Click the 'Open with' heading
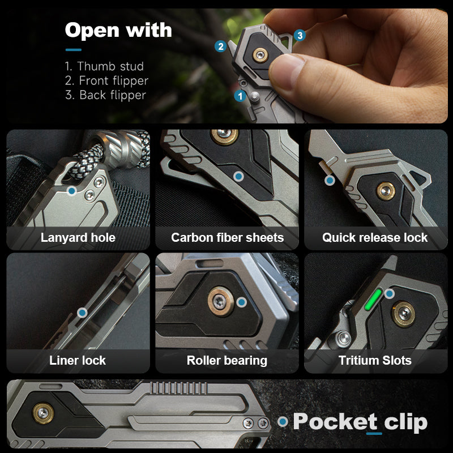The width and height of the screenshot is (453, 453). point(118,30)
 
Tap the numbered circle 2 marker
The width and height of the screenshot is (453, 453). point(221,46)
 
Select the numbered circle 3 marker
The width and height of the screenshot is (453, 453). point(300,36)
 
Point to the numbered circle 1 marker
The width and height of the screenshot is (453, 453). point(240,96)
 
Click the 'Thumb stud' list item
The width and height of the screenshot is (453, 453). point(104,66)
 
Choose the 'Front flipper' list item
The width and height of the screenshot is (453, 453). point(106,81)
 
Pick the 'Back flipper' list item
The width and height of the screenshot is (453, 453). point(105,95)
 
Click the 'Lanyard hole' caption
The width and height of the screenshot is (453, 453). point(78,238)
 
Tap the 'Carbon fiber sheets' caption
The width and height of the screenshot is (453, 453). point(227,238)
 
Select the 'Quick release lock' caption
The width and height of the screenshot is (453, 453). point(375,238)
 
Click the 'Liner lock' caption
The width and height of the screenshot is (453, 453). point(78,360)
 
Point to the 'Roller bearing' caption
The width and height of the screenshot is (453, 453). point(227,360)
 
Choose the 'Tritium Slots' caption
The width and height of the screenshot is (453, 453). point(375,360)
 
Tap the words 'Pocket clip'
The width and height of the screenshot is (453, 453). point(360,422)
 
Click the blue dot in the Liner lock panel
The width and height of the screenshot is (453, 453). point(82,312)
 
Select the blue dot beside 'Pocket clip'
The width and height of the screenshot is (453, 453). point(283,422)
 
